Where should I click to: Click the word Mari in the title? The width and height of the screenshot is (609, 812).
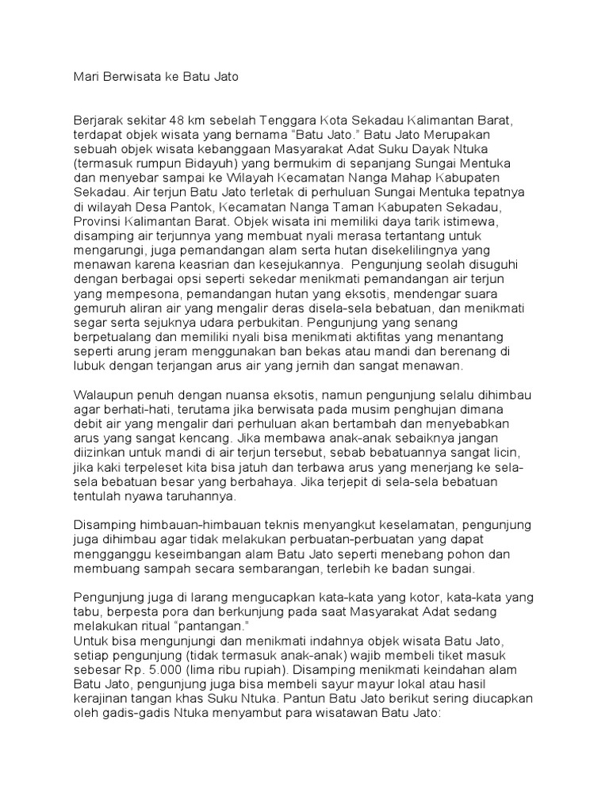86,77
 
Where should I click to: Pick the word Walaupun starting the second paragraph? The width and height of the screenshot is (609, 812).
103,393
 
